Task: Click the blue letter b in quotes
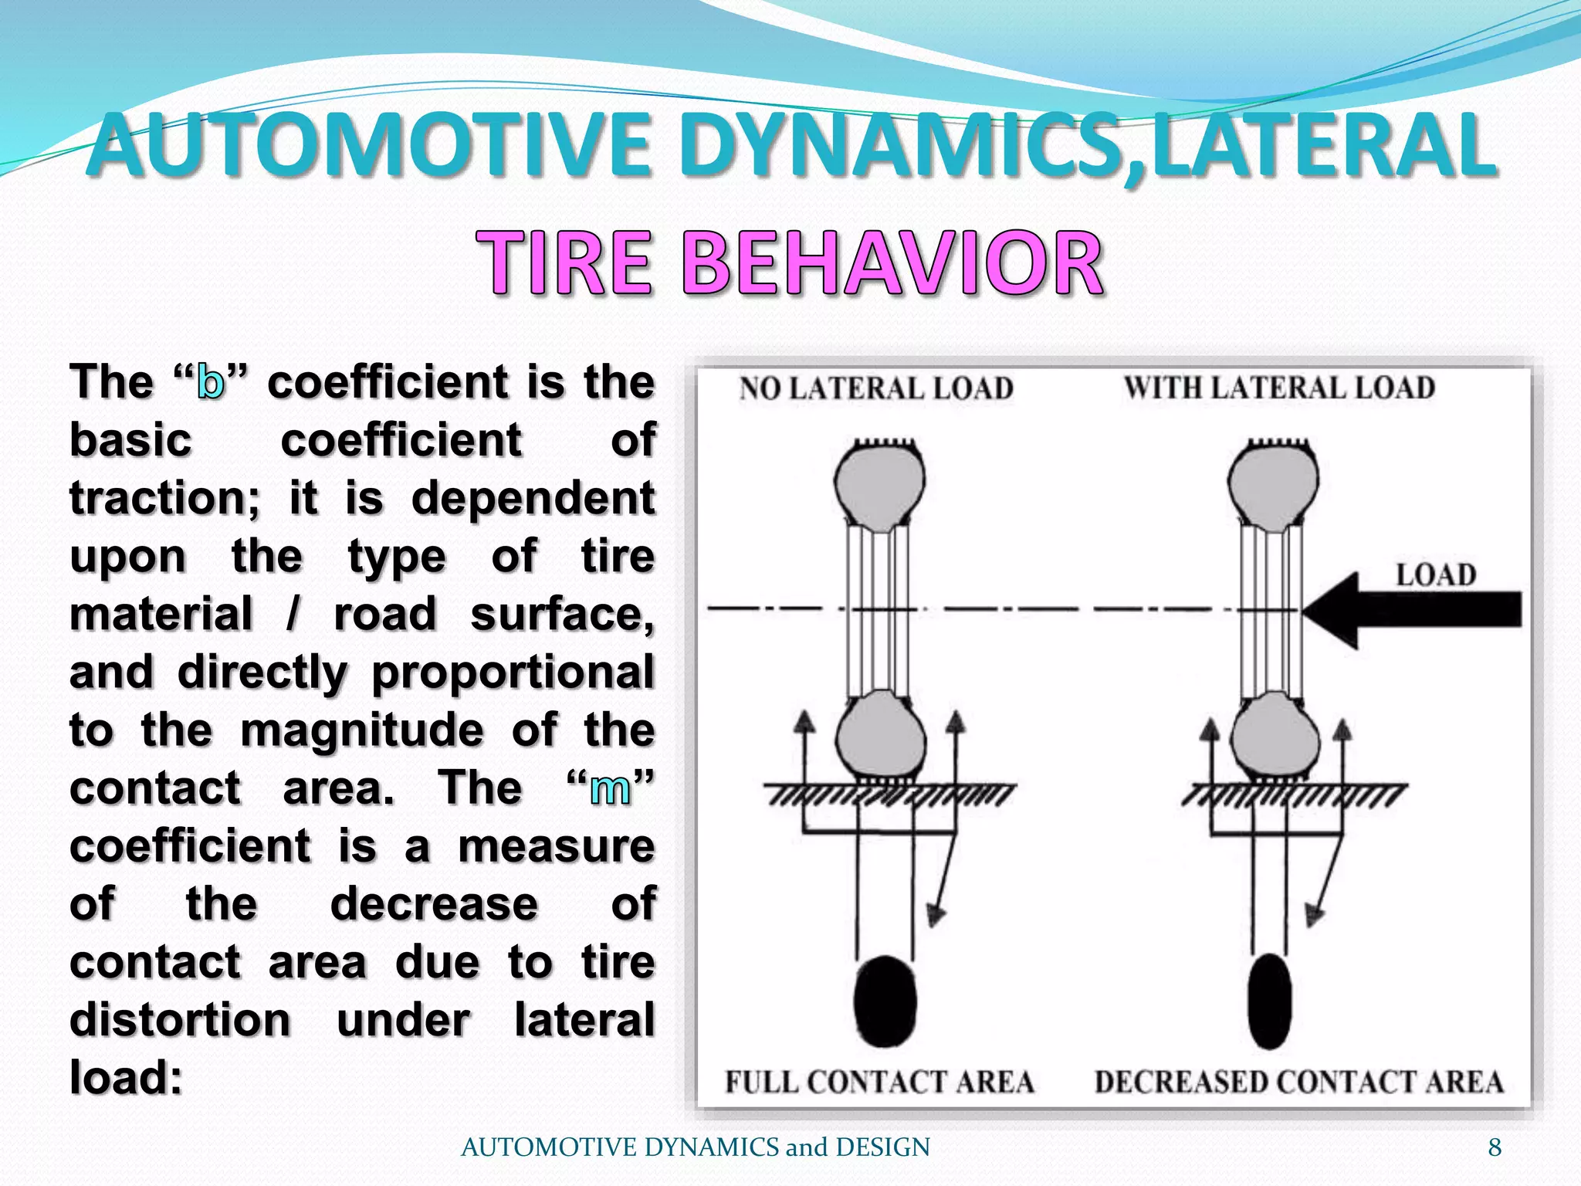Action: [x=210, y=382]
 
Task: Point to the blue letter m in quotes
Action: [x=610, y=788]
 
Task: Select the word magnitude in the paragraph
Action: [x=362, y=730]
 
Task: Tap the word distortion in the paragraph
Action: [x=180, y=1020]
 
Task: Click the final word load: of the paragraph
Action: [x=126, y=1077]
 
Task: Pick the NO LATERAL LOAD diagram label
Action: [x=876, y=388]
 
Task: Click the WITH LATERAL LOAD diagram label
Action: [x=1279, y=388]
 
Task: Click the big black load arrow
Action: [x=1412, y=610]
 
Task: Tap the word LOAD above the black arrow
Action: [x=1436, y=574]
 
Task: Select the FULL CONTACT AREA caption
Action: [x=879, y=1082]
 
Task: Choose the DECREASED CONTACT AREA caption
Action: [x=1299, y=1082]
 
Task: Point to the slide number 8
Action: [x=1495, y=1147]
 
